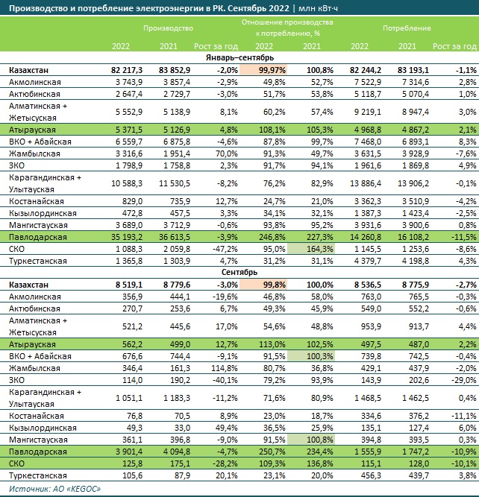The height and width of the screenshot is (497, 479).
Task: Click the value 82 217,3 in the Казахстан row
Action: point(127,70)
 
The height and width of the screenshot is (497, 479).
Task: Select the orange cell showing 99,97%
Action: point(263,70)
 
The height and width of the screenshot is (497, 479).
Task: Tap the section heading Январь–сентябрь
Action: point(239,57)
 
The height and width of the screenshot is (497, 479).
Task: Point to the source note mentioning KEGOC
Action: point(54,489)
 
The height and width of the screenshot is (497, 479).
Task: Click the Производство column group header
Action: point(168,28)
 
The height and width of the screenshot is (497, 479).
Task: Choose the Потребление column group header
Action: point(407,28)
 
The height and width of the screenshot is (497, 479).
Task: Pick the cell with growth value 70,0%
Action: point(227,153)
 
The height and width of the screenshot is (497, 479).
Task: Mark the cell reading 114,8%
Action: point(225,368)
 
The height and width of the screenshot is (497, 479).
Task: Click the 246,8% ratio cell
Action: point(272,237)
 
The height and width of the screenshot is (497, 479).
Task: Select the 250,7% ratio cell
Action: point(272,452)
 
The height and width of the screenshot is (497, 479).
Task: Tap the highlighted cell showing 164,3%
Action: point(311,249)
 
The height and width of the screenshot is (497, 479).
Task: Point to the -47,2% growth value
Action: point(225,249)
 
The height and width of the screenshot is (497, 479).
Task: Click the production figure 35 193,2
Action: point(127,237)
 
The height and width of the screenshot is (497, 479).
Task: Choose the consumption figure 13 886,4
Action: point(366,183)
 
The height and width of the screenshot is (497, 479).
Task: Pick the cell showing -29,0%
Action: point(466,380)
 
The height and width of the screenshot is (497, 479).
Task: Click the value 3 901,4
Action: point(129,452)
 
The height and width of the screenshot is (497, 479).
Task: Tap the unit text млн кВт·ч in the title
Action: point(318,8)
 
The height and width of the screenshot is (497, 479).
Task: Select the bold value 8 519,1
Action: point(129,285)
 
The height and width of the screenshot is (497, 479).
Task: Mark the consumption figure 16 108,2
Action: point(413,237)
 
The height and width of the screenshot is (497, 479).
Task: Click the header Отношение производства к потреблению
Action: point(287,28)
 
